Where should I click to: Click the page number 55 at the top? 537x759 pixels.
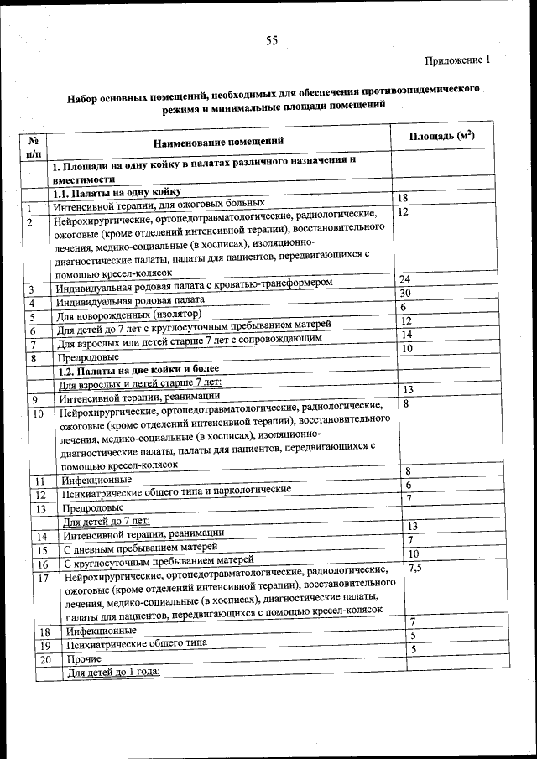271,41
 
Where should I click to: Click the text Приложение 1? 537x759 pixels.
456,60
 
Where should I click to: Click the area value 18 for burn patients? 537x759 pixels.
403,198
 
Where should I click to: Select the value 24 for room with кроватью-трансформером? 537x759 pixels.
404,279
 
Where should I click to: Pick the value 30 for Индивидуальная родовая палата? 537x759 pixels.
404,294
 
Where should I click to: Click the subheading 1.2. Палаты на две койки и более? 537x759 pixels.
138,370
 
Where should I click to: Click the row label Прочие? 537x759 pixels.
83,659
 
